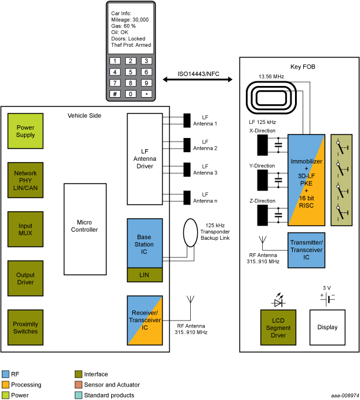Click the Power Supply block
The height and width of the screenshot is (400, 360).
tap(25, 132)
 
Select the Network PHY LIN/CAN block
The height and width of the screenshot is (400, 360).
tap(25, 180)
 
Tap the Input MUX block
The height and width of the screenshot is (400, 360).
tap(25, 229)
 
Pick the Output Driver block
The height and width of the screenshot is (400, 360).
tap(25, 278)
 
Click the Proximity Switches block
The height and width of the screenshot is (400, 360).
tap(25, 327)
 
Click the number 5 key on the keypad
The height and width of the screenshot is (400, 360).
tap(131, 72)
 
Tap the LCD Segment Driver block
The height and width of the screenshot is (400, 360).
tap(279, 328)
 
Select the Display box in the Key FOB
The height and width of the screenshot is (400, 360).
tap(327, 327)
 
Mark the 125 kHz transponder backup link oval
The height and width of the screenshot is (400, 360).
tap(191, 233)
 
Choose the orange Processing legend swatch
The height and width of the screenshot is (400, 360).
tap(6, 385)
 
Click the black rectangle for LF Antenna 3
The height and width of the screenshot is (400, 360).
tap(187, 169)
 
